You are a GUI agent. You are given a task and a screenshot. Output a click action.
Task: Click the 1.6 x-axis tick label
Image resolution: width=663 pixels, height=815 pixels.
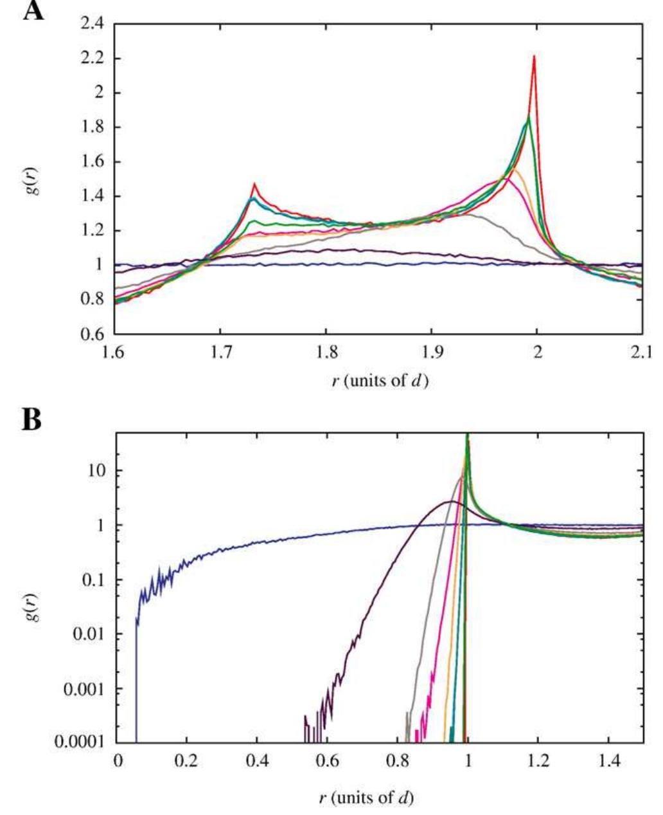[115, 351]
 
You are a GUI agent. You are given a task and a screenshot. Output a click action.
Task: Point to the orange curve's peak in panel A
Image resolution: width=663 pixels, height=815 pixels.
[513, 169]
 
